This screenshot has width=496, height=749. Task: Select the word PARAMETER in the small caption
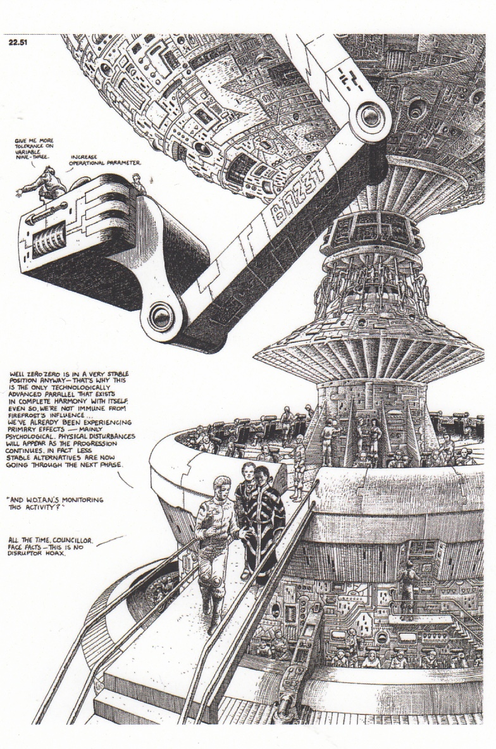point(125,163)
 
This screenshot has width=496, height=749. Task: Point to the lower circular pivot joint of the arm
point(161,316)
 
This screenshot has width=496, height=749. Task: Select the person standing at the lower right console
point(407,588)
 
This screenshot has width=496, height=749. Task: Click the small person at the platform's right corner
point(138,183)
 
